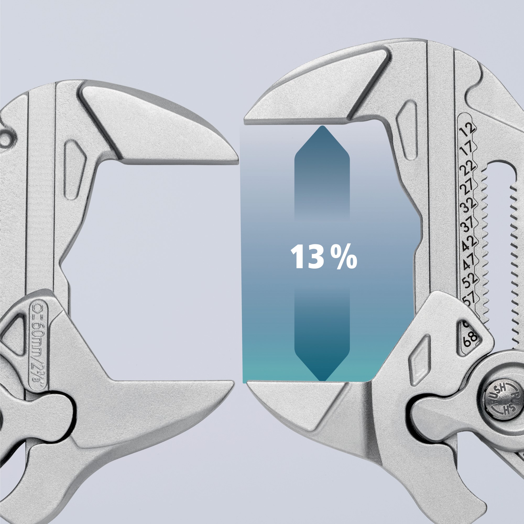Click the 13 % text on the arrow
pyautogui.click(x=323, y=257)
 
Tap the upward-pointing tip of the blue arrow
pyautogui.click(x=322, y=127)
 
